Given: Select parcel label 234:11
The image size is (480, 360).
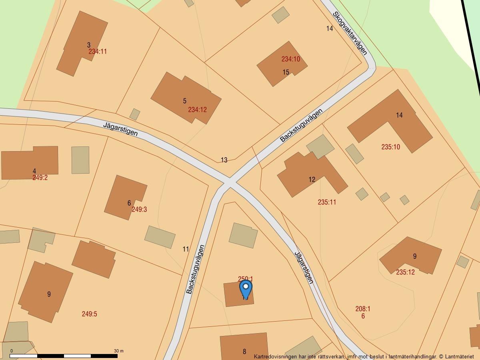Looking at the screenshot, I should tap(98, 52).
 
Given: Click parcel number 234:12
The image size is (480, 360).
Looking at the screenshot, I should tap(198, 110).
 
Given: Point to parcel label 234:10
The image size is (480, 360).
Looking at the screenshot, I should tap(290, 59).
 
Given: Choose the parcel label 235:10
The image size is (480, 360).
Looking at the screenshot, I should tap(390, 147).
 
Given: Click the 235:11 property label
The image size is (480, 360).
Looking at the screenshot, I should tap(327, 202).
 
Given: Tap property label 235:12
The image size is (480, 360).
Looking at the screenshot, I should tap(405, 272).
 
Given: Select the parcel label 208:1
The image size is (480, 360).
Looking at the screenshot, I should tap(363, 309).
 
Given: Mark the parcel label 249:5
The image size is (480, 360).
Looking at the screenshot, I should tap(89, 314).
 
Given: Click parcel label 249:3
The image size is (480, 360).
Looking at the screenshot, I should tap(139, 209).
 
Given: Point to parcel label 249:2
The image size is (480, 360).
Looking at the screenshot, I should tap(40, 178).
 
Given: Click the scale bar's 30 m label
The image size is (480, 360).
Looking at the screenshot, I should tap(119, 351).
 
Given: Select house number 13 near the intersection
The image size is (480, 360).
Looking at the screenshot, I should tap(224, 160).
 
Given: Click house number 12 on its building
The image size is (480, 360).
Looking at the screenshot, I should tap(312, 180).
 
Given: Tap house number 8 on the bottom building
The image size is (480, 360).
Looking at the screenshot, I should tap(244, 352).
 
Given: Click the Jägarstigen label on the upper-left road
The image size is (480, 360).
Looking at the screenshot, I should tap(120, 129).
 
